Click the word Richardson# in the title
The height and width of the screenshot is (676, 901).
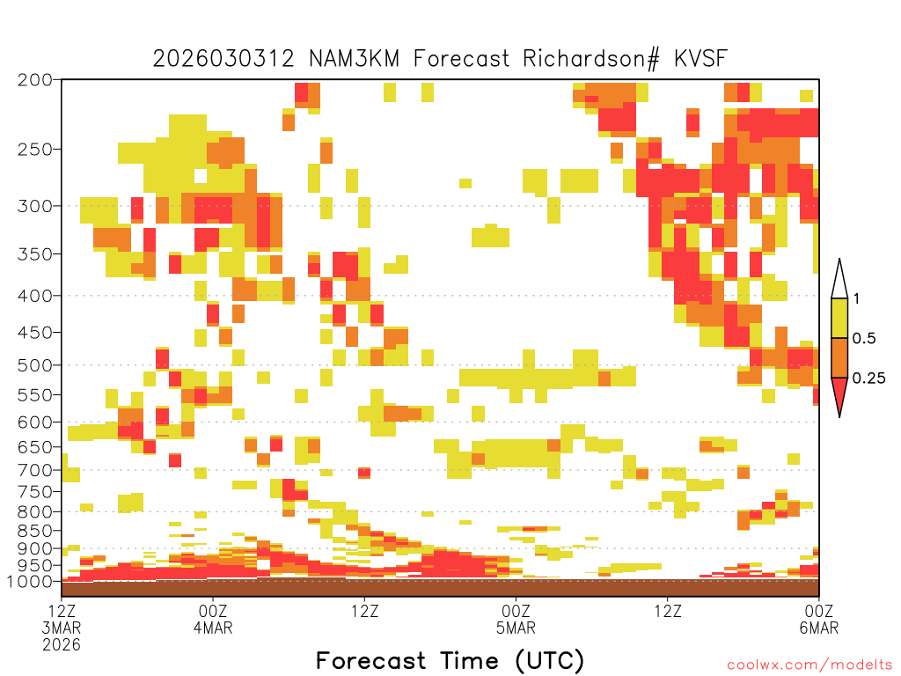[590, 59]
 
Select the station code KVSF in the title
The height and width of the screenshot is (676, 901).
[700, 59]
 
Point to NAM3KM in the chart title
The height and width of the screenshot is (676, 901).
[354, 59]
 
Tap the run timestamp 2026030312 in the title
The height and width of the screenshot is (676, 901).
[223, 59]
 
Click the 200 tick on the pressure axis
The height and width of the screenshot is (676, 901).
[34, 80]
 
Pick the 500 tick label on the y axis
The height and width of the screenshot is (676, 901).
[34, 365]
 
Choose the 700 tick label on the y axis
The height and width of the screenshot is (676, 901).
[34, 470]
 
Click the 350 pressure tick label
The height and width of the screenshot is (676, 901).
[34, 254]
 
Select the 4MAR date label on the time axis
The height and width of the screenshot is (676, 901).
[213, 628]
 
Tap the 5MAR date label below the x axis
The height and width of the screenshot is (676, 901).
[516, 628]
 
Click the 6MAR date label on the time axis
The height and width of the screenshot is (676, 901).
[819, 628]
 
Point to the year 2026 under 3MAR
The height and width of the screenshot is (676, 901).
[62, 645]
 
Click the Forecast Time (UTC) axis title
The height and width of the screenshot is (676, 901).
[450, 660]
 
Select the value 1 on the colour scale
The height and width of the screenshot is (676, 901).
[856, 298]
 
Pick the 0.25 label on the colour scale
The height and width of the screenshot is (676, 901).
[868, 378]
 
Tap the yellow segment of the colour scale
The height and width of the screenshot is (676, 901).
[839, 318]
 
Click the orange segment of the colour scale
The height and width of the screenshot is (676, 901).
[839, 357]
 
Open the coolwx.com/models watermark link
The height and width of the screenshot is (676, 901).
[809, 665]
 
